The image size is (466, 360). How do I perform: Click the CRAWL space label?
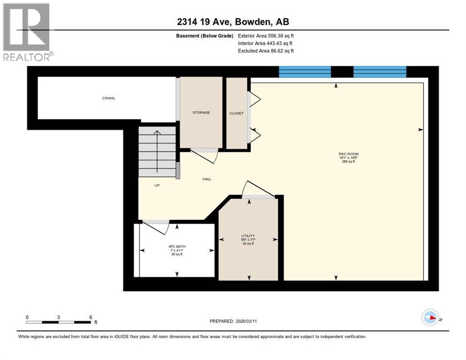(x=109, y=98)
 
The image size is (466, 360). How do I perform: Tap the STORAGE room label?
(x=201, y=112)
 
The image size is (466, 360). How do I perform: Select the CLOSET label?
(x=236, y=113)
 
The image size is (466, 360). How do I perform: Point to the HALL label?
(x=207, y=179)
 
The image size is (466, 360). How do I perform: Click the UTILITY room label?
(x=248, y=236)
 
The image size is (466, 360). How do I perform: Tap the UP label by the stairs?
(x=158, y=185)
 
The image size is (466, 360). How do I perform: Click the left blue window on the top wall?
(x=305, y=72)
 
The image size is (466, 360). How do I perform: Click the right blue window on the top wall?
(x=379, y=72)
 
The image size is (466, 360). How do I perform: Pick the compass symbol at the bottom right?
(x=430, y=318)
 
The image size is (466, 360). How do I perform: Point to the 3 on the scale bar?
(x=59, y=317)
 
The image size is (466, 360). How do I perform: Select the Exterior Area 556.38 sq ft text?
(x=266, y=36)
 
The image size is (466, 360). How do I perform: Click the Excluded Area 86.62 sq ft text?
(x=266, y=51)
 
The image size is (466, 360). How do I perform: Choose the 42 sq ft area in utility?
(x=248, y=243)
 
